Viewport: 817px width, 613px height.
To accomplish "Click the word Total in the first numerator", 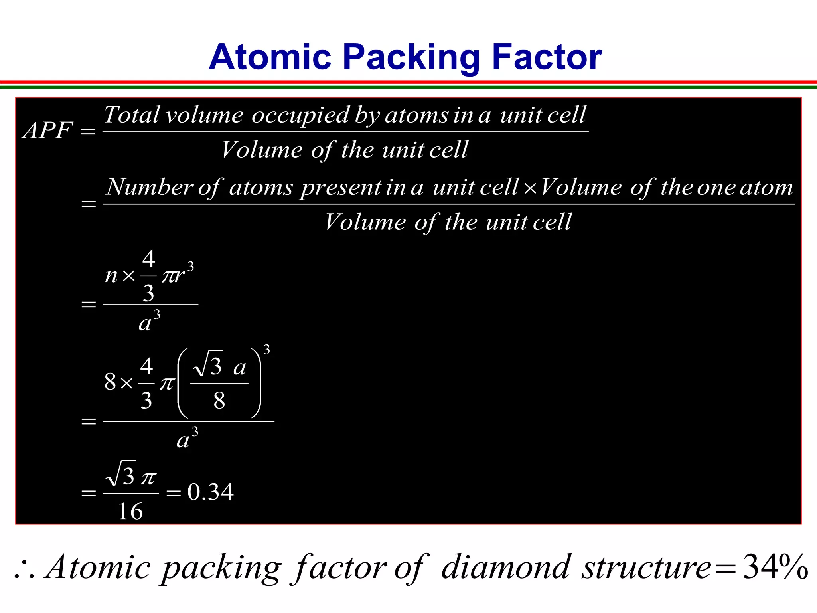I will pyautogui.click(x=131, y=115).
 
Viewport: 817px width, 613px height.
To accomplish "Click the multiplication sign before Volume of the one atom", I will pyautogui.click(x=530, y=188).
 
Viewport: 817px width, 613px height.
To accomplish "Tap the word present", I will pyautogui.click(x=341, y=188).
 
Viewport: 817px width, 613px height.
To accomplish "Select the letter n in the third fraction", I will pyautogui.click(x=111, y=275).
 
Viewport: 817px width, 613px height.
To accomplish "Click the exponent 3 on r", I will pyautogui.click(x=191, y=266).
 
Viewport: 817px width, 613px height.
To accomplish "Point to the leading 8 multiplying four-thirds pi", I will pyautogui.click(x=110, y=382).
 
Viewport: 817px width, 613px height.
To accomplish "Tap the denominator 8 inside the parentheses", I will pyautogui.click(x=219, y=400).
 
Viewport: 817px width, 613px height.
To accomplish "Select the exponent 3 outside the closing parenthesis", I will pyautogui.click(x=266, y=350).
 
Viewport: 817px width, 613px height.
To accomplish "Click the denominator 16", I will pyautogui.click(x=130, y=511).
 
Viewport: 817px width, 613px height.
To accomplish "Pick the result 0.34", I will pyautogui.click(x=210, y=492).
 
